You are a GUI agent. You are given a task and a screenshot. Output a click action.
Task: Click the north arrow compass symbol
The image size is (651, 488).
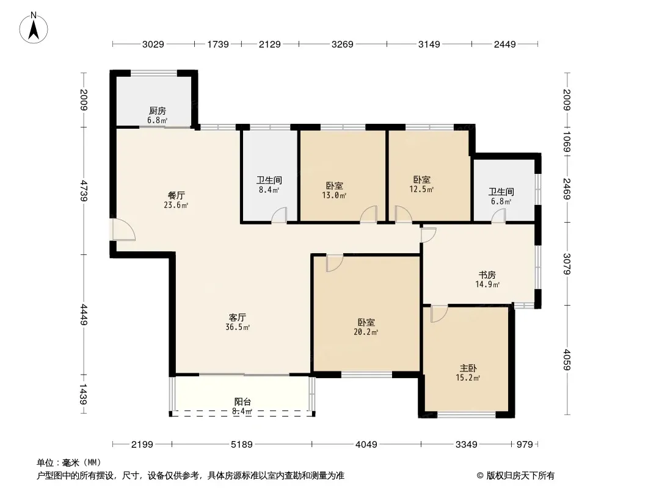click(x=34, y=27)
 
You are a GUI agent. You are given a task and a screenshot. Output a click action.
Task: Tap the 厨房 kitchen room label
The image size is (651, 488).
click(x=158, y=110)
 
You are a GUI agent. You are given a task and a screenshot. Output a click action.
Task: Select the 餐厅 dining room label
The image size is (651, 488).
click(x=176, y=195)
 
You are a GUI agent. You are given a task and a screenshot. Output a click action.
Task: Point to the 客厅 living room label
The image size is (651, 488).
click(x=238, y=318)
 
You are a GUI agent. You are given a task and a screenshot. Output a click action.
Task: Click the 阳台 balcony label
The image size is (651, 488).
click(x=242, y=401)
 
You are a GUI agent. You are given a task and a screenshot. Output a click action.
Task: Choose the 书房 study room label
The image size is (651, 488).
click(x=487, y=275)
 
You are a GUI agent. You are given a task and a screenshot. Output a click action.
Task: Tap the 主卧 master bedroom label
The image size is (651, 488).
click(x=468, y=368)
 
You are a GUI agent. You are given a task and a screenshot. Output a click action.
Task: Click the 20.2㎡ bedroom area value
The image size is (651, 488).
click(x=366, y=332)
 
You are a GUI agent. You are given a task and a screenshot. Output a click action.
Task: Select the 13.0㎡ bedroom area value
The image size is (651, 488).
click(x=334, y=195)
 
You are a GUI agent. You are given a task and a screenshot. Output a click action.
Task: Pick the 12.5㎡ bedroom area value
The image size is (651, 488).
click(x=422, y=190)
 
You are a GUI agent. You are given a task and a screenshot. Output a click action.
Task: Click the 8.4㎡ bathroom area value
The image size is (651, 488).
click(x=269, y=190)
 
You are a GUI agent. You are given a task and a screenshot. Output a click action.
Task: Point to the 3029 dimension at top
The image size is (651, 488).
click(x=153, y=44)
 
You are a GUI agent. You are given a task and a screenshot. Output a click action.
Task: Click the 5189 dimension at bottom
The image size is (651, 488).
click(x=242, y=445)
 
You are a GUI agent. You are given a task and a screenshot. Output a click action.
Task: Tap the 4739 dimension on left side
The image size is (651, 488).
click(x=84, y=191)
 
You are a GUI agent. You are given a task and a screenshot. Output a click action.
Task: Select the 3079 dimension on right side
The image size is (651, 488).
click(x=567, y=264)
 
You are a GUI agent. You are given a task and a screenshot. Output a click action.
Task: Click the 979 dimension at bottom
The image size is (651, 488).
click(x=525, y=445)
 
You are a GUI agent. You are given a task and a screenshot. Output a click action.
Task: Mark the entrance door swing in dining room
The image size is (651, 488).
click(x=124, y=229)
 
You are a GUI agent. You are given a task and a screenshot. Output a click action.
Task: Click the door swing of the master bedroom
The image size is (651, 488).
click(x=439, y=314)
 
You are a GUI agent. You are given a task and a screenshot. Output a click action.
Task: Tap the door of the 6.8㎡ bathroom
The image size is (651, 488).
click(x=498, y=216)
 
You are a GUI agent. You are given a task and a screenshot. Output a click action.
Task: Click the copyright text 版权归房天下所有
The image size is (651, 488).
click(x=520, y=476)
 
